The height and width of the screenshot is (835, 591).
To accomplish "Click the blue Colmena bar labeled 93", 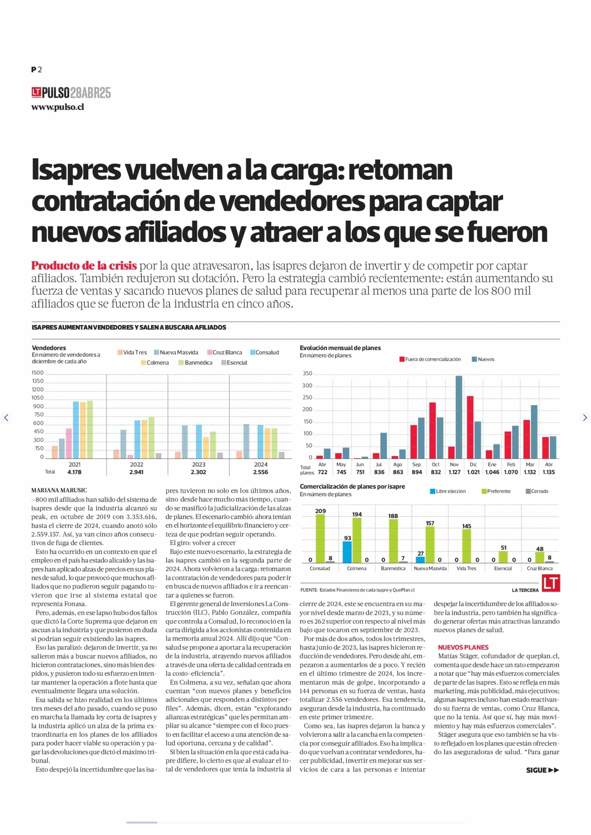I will (347, 552).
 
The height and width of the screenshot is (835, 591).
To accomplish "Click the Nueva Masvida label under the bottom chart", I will (430, 568).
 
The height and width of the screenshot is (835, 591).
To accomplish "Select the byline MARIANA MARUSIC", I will (59, 490).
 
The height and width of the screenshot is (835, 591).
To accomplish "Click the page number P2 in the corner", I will (36, 70).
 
